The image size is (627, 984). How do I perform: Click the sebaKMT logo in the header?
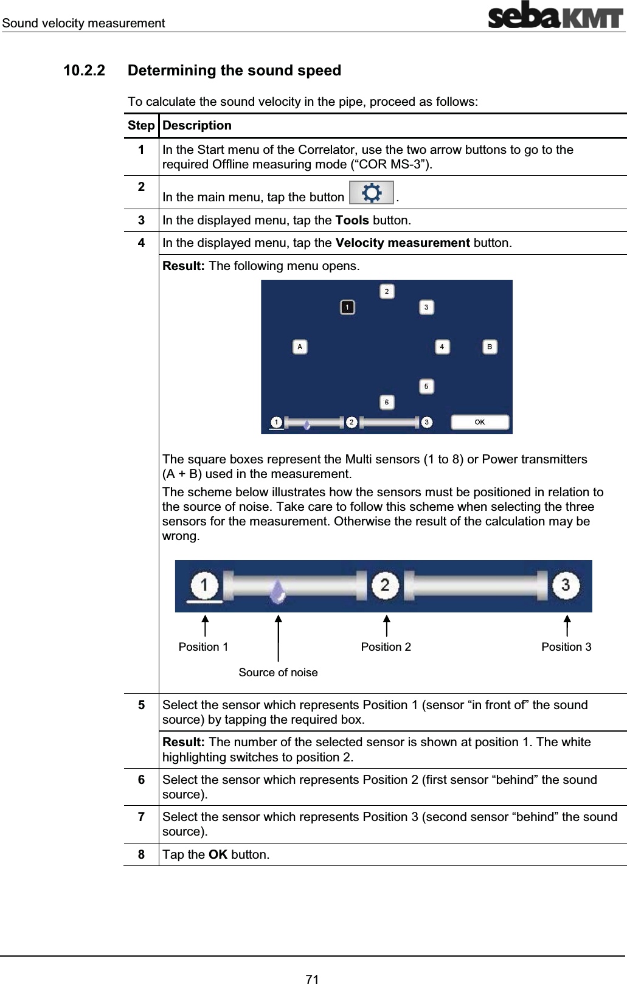click(x=555, y=16)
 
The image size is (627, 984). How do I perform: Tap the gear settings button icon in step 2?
click(x=372, y=193)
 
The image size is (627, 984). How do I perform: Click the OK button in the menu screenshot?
click(x=479, y=422)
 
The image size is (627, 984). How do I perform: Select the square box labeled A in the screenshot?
click(x=300, y=347)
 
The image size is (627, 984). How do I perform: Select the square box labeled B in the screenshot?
click(x=490, y=347)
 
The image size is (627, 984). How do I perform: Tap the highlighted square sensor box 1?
click(x=347, y=307)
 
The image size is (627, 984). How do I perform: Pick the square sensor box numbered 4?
click(x=442, y=347)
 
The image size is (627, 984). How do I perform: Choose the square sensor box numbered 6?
click(x=387, y=402)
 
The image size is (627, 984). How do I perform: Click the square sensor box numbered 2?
click(x=387, y=292)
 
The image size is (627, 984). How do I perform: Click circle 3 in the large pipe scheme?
click(x=566, y=585)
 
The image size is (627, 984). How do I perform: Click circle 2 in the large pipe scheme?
click(x=385, y=585)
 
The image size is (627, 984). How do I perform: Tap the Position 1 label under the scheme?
click(x=203, y=646)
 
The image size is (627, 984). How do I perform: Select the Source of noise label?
click(x=278, y=672)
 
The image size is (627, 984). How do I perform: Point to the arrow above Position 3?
click(x=567, y=625)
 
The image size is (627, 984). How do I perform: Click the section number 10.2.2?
click(x=84, y=71)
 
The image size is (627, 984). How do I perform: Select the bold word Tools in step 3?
click(x=352, y=220)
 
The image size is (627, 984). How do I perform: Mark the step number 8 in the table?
click(x=141, y=854)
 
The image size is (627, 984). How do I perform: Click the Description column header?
click(x=196, y=125)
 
